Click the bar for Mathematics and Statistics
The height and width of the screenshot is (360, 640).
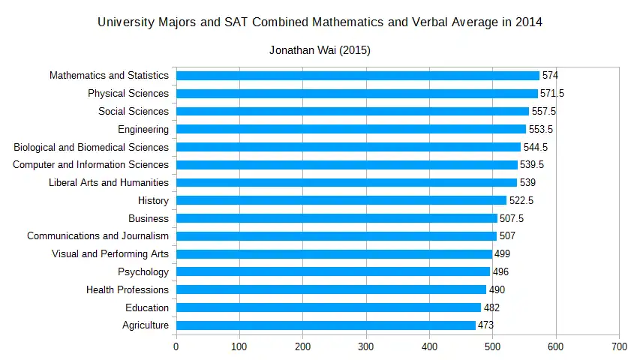(x=357, y=76)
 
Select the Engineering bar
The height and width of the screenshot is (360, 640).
(x=350, y=129)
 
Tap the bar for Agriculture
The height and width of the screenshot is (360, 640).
(x=326, y=325)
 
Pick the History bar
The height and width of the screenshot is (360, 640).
(x=341, y=200)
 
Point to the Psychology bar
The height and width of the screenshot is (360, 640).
(x=332, y=271)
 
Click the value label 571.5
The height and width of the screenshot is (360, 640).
(x=552, y=94)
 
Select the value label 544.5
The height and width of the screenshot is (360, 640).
(x=535, y=147)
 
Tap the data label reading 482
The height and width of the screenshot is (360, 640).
(x=491, y=307)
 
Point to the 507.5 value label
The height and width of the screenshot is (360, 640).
(x=512, y=218)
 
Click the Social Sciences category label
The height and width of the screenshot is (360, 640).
(x=134, y=112)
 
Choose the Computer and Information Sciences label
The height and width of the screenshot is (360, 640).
(x=91, y=165)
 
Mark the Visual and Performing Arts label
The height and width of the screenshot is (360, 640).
(x=110, y=254)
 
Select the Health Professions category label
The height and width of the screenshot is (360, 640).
(x=128, y=289)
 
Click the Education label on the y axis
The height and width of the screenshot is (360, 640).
(x=147, y=307)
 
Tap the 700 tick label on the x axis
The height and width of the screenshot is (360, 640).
(x=619, y=346)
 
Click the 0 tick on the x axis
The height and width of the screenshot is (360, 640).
(x=176, y=346)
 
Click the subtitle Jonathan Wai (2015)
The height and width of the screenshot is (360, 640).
(x=320, y=51)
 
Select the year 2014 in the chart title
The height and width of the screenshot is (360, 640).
(x=528, y=22)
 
